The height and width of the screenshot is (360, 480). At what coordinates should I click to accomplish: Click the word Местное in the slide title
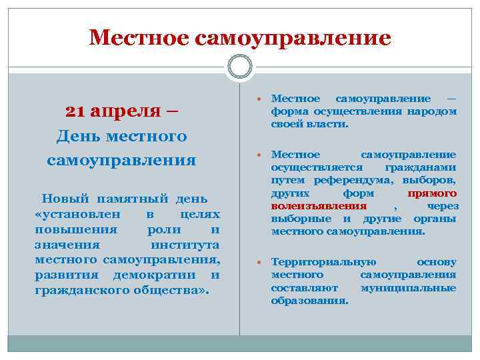pyautogui.click(x=139, y=38)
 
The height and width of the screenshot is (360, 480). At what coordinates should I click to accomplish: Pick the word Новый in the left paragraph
pyautogui.click(x=63, y=198)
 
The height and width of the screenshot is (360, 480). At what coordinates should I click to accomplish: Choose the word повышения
pyautogui.click(x=75, y=229)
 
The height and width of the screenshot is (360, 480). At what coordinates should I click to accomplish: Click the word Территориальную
pyautogui.click(x=323, y=262)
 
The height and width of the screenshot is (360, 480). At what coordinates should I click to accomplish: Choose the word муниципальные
pyautogui.click(x=408, y=287)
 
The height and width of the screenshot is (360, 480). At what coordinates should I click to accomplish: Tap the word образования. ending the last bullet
pyautogui.click(x=309, y=300)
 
